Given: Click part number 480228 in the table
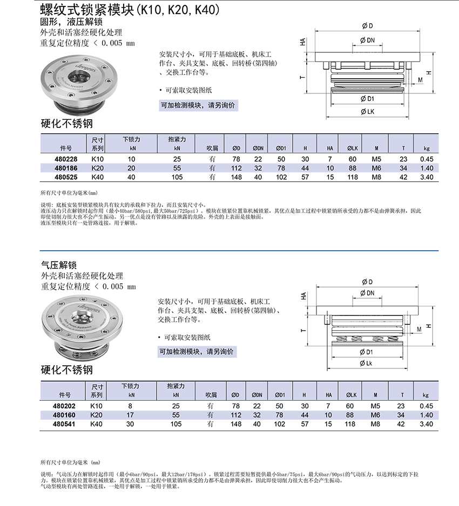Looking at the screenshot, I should [x=66, y=159].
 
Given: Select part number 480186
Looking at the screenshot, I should [x=66, y=168].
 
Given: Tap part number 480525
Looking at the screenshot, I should [x=66, y=177].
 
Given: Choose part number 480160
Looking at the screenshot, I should [x=66, y=415].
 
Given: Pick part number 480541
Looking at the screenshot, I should [x=66, y=424].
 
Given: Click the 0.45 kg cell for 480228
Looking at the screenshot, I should [x=427, y=159].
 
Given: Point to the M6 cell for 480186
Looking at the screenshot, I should [x=377, y=168].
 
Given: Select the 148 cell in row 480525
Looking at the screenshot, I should [x=236, y=177].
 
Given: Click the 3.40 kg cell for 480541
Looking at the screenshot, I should [x=427, y=424].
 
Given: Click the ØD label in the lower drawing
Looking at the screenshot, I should [x=367, y=282].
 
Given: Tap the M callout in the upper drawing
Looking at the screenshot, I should [x=420, y=80].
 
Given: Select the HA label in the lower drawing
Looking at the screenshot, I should [x=303, y=296].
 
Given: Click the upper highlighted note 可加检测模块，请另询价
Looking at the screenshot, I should [x=198, y=106].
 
